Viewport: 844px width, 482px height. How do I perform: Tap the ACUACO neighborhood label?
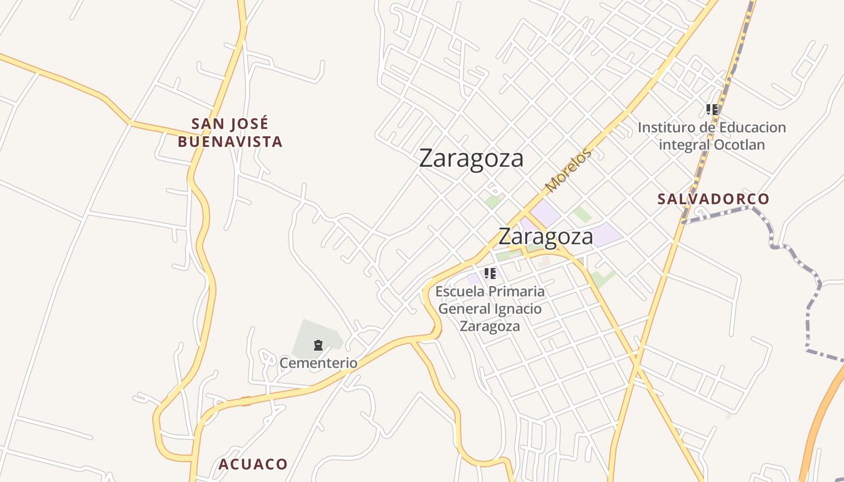(x=253, y=465)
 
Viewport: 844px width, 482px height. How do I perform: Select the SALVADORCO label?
(x=713, y=199)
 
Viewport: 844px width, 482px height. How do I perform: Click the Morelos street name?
(x=568, y=171)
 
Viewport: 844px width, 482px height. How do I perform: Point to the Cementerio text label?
(x=318, y=363)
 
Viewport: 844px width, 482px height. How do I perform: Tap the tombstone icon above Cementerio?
(x=318, y=345)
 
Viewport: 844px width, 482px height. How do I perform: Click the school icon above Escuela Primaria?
(x=490, y=274)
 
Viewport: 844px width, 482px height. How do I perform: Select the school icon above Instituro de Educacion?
(x=712, y=110)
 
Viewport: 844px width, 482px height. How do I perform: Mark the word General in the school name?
(x=459, y=309)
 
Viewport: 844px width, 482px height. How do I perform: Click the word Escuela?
(x=460, y=292)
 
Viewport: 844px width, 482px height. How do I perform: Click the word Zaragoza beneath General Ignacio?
(x=490, y=327)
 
